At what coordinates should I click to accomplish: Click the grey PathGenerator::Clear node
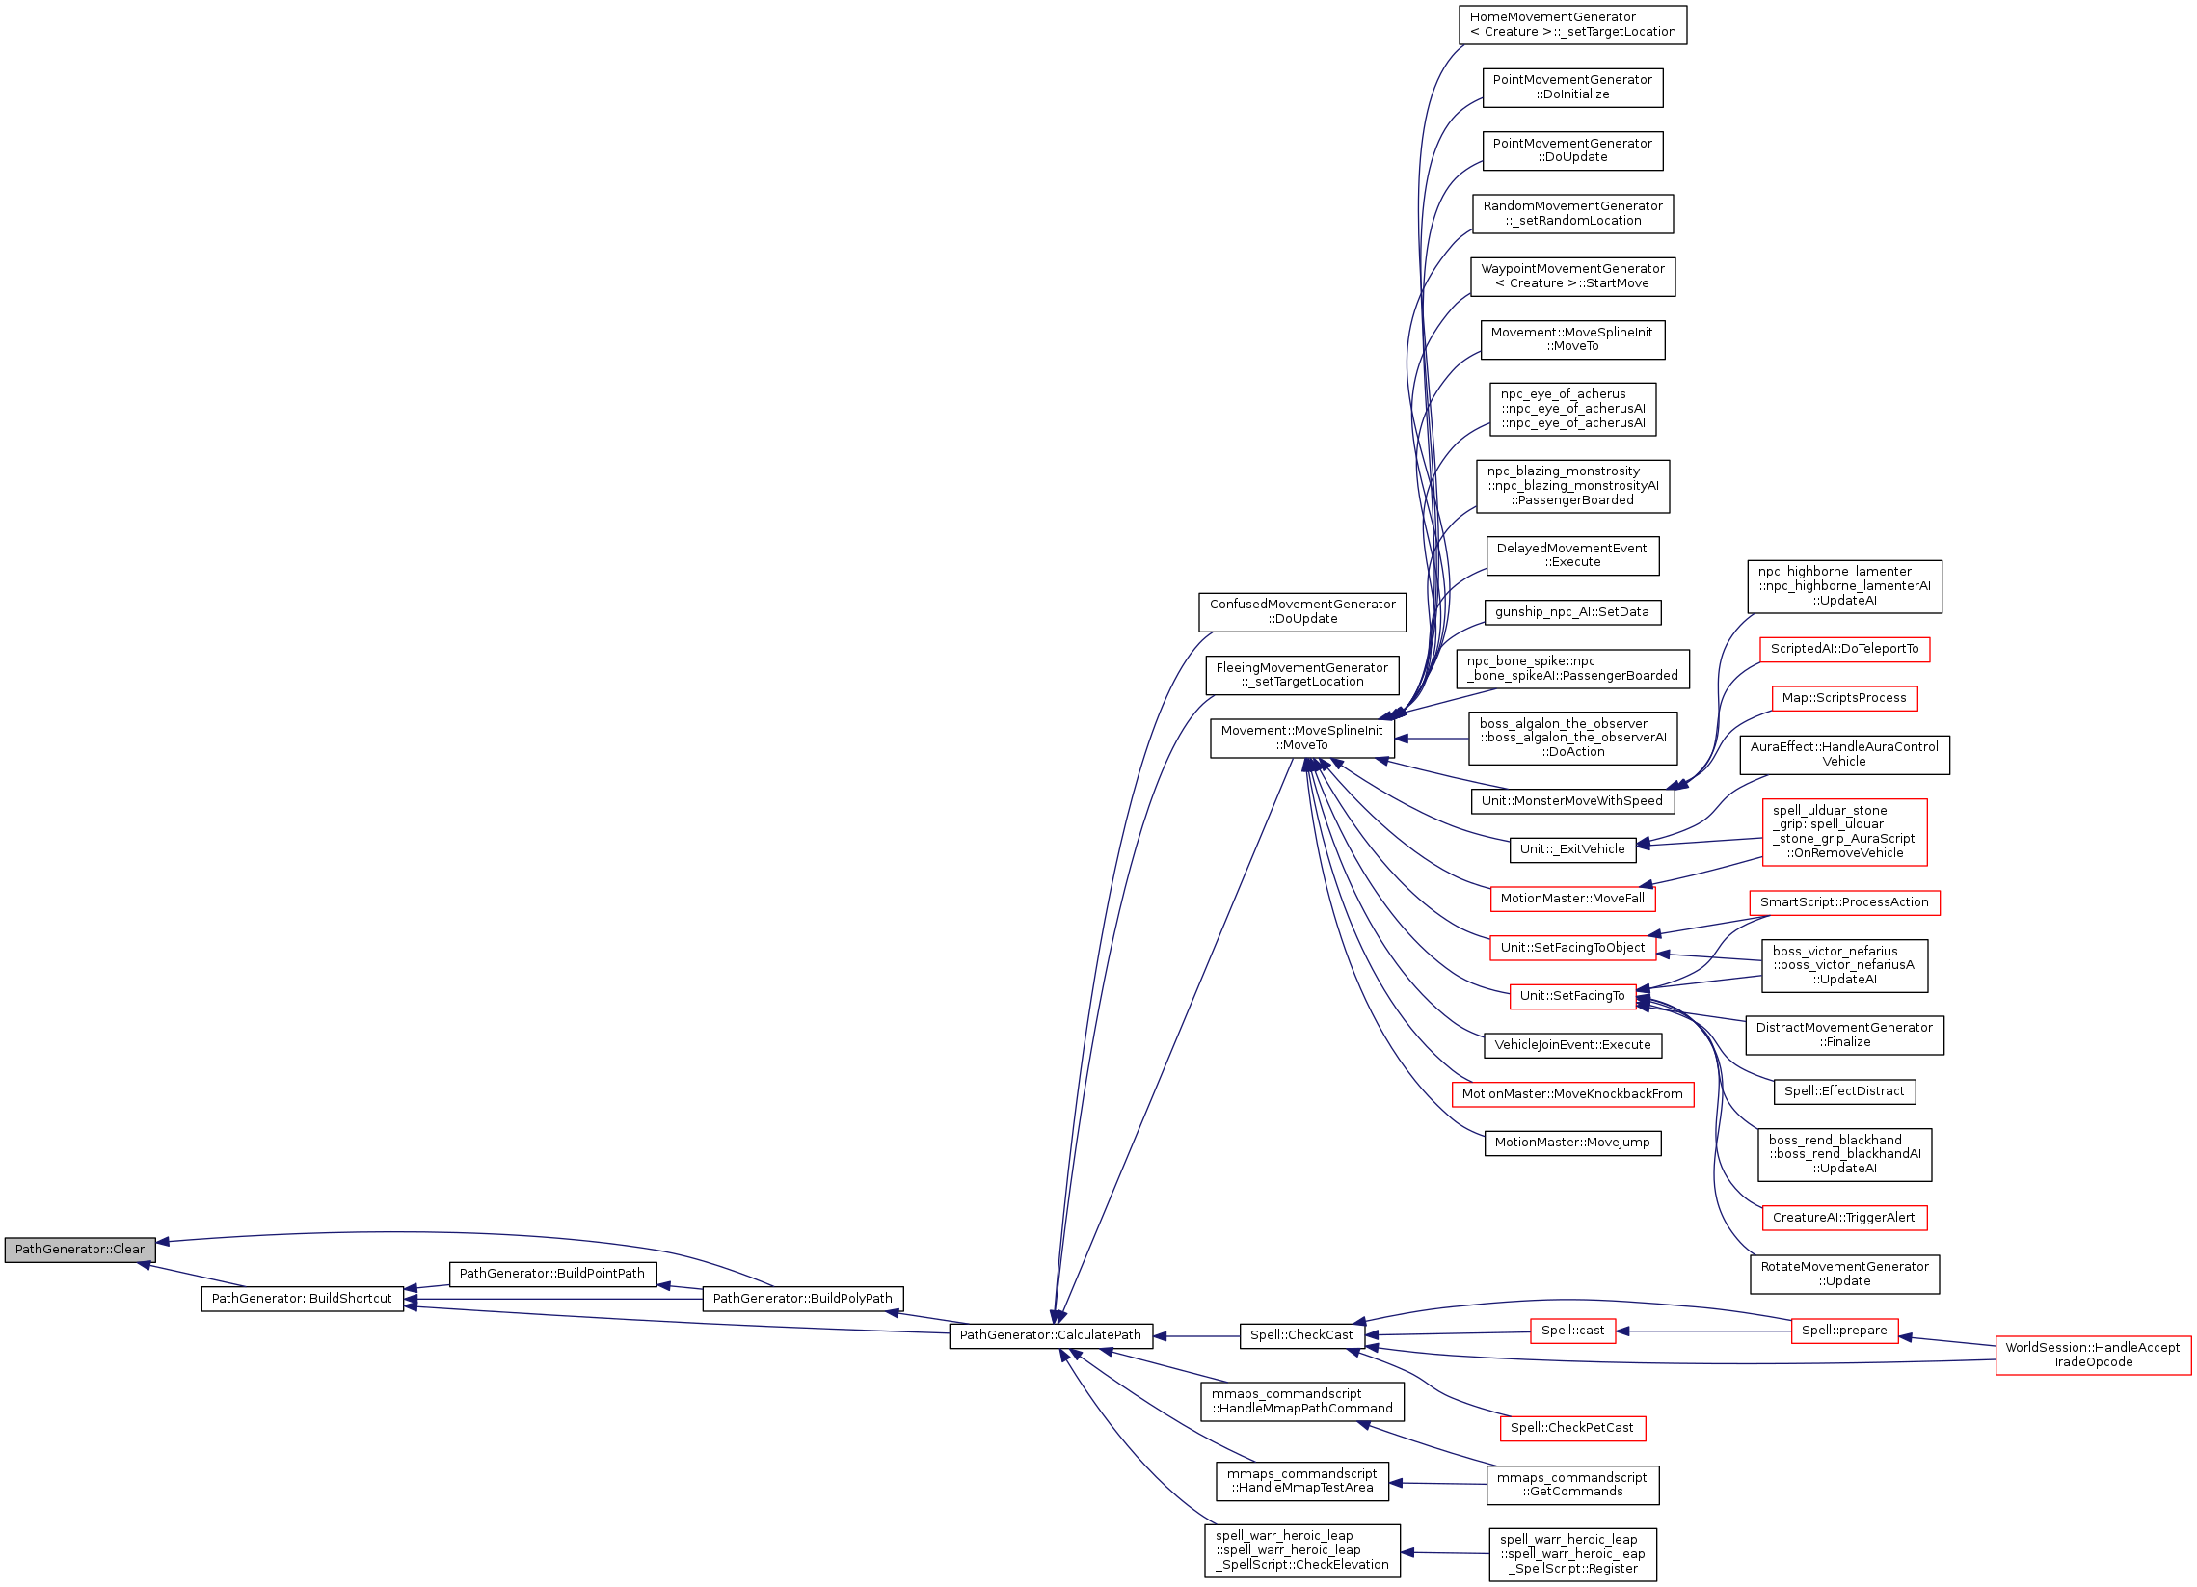point(79,1249)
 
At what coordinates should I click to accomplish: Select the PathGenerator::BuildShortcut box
point(302,1299)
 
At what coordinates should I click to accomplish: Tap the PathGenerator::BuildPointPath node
point(552,1273)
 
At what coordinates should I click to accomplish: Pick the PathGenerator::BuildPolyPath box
point(802,1299)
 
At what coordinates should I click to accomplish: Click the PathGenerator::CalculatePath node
point(1050,1335)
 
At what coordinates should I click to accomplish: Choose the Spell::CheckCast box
point(1301,1335)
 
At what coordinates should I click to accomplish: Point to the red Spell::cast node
point(1571,1331)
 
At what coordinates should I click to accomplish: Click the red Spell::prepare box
point(1843,1331)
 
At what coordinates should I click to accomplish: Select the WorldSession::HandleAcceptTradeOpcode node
point(2092,1355)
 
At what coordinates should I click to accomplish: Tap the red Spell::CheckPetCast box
point(1571,1427)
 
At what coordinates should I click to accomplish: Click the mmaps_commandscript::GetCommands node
point(1571,1484)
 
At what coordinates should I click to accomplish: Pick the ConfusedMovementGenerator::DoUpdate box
point(1302,611)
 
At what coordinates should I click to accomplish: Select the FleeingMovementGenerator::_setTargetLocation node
point(1302,674)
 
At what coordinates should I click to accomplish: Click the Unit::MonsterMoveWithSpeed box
point(1571,800)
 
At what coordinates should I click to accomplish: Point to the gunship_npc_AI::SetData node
point(1571,612)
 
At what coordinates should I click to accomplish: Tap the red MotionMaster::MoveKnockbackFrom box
point(1571,1094)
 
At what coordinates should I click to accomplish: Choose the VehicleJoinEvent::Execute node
point(1571,1045)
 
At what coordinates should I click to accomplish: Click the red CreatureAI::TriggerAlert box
point(1843,1218)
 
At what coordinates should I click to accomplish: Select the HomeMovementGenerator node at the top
point(1572,24)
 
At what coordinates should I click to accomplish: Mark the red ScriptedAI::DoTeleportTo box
point(1843,649)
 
